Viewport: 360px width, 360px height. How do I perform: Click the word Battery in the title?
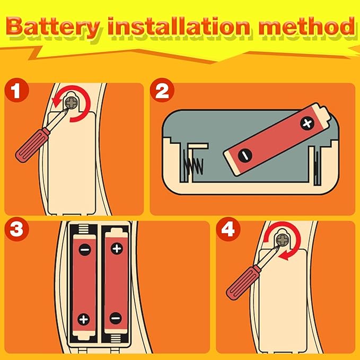pyautogui.click(x=53, y=28)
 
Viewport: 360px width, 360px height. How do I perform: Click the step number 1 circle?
pyautogui.click(x=16, y=90)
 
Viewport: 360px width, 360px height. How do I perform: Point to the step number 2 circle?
pyautogui.click(x=162, y=90)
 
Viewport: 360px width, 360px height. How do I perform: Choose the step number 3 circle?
pyautogui.click(x=16, y=229)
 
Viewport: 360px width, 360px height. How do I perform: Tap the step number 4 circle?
pyautogui.click(x=228, y=229)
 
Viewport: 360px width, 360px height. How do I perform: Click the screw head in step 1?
pyautogui.click(x=72, y=103)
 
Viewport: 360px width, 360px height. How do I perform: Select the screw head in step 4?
pyautogui.click(x=282, y=240)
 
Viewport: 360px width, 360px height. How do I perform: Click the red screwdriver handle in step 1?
pyautogui.click(x=32, y=146)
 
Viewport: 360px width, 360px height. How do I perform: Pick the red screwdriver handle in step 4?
pyautogui.click(x=243, y=283)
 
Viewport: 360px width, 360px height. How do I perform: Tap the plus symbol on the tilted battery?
pyautogui.click(x=307, y=124)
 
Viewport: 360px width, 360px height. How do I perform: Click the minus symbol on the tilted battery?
pyautogui.click(x=245, y=155)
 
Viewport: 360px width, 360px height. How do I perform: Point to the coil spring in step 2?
pyautogui.click(x=192, y=162)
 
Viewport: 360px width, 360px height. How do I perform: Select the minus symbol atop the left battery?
pyautogui.click(x=85, y=249)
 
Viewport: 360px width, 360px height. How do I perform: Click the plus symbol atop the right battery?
pyautogui.click(x=117, y=249)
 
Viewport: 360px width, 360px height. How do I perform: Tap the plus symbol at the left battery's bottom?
pyautogui.click(x=84, y=319)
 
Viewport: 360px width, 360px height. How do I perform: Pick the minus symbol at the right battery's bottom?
pyautogui.click(x=116, y=318)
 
